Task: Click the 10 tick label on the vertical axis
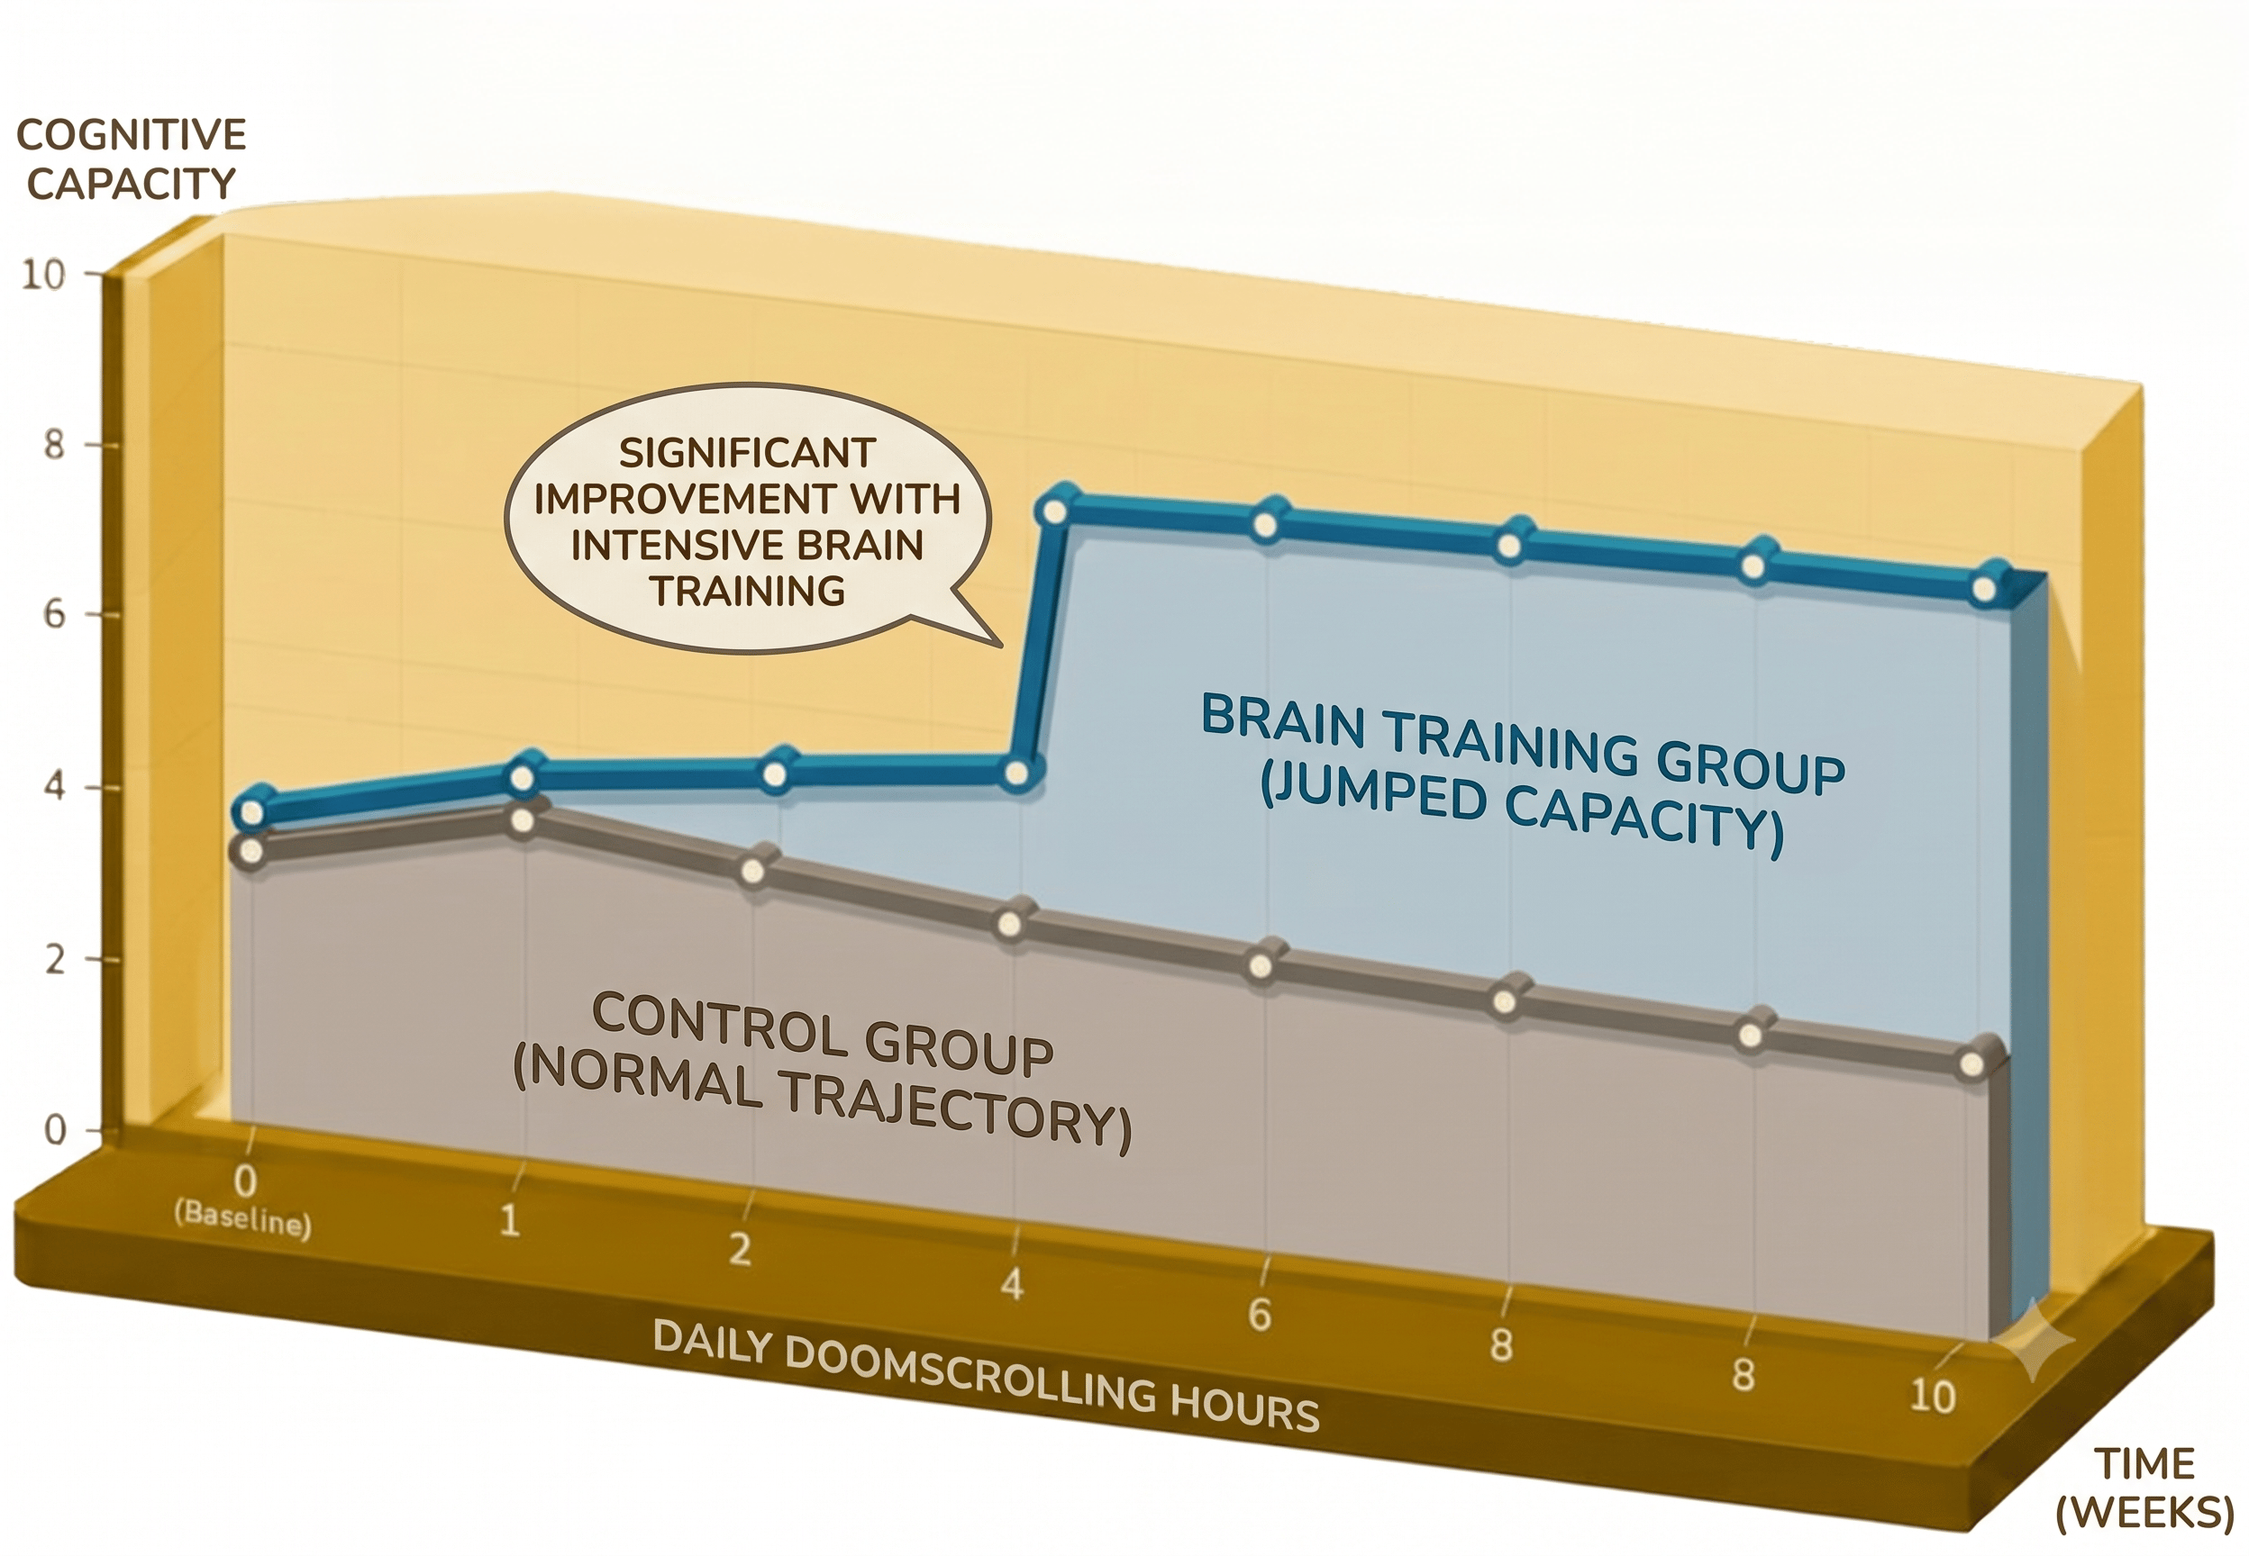point(43,275)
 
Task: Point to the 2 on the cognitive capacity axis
point(54,960)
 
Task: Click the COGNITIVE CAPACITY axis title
point(131,158)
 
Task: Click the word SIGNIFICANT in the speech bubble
point(748,452)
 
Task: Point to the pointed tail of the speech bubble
point(1001,646)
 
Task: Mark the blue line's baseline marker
point(251,811)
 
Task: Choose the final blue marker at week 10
point(1983,590)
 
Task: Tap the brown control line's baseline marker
point(251,851)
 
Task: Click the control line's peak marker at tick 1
point(523,821)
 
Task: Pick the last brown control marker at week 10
point(1971,1064)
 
